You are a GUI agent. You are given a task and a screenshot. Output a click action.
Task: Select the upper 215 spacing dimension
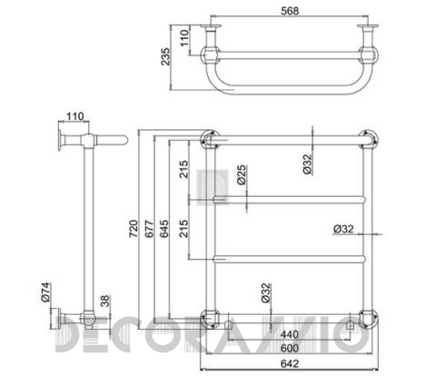click(x=184, y=169)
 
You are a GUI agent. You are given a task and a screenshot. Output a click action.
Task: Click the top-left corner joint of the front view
click(x=209, y=139)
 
